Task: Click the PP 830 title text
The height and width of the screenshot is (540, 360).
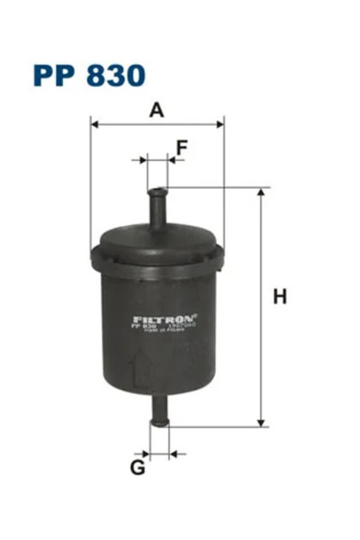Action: tap(88, 74)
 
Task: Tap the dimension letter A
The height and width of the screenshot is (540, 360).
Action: tap(157, 111)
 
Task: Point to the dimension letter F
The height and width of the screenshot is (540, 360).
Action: tap(181, 147)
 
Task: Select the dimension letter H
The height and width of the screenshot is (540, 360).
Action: tap(280, 296)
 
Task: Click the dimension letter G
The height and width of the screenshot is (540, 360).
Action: tap(138, 468)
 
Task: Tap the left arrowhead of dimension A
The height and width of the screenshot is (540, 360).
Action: tap(95, 124)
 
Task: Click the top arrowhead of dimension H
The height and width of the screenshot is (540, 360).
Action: tap(262, 193)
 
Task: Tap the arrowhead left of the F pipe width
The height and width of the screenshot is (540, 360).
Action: tap(143, 161)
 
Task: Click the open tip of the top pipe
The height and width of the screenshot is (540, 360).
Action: tap(157, 189)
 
